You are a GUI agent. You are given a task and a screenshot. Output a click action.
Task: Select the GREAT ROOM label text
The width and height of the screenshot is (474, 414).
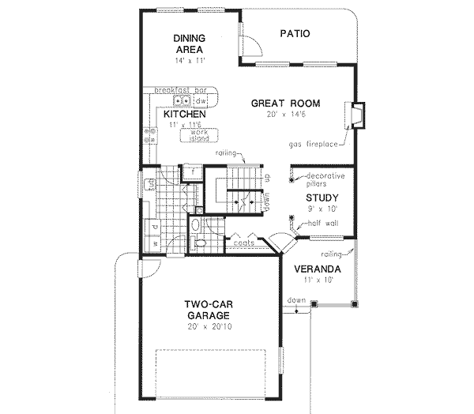[285, 103]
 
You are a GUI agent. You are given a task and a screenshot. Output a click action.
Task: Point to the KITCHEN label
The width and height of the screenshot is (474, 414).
[185, 115]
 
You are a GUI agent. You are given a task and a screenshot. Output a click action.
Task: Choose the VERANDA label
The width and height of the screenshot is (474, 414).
[319, 269]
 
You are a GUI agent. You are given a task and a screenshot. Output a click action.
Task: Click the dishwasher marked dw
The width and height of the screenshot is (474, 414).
[201, 102]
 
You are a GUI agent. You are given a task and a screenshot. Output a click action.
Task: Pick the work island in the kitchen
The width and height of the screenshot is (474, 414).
[194, 136]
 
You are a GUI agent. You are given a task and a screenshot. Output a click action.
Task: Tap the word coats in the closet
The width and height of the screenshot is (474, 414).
[245, 244]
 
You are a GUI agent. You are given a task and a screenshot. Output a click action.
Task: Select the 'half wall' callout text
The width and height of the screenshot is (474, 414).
[317, 224]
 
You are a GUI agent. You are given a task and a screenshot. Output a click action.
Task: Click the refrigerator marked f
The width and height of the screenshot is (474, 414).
[193, 170]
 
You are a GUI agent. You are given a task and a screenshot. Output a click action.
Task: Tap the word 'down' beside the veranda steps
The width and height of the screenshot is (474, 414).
[296, 300]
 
